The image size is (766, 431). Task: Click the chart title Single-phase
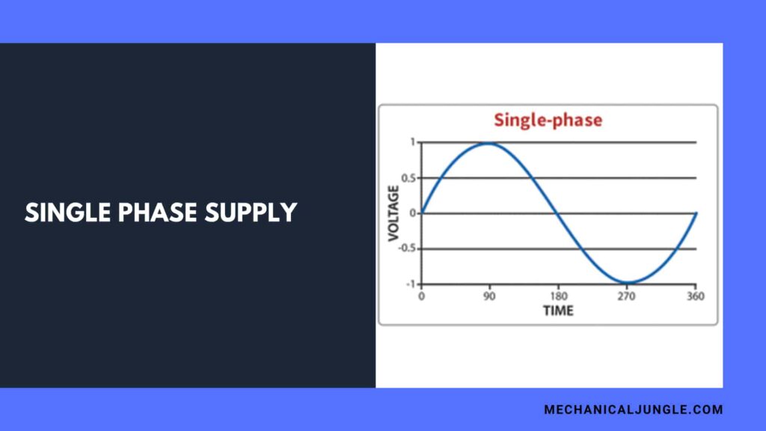[548, 120]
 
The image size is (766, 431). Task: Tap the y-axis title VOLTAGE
[393, 213]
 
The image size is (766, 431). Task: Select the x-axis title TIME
[558, 311]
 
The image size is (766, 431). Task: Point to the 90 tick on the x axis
[489, 296]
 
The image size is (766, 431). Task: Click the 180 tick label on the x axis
[557, 296]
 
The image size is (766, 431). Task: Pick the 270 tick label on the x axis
[626, 296]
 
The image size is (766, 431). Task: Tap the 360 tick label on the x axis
[695, 296]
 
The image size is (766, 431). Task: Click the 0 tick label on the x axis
[421, 296]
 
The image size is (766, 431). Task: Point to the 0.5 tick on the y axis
[409, 178]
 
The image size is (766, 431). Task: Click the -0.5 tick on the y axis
[408, 248]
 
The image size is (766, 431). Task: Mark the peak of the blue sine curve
[489, 143]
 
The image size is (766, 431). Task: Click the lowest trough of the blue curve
[627, 283]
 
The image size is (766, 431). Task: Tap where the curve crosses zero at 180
[558, 213]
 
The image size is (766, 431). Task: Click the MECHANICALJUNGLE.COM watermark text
[633, 409]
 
